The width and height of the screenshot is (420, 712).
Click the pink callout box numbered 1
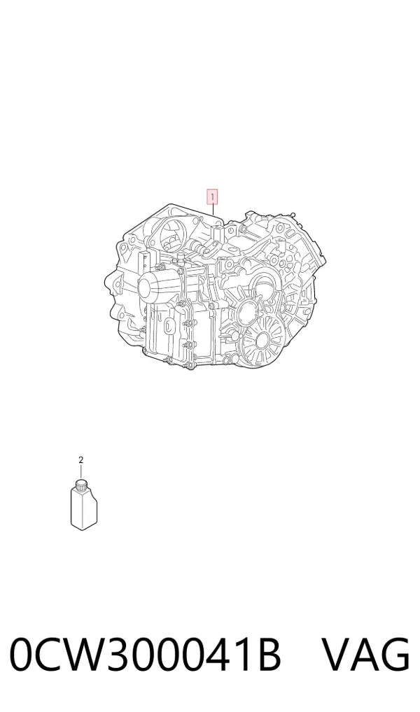[x=212, y=197]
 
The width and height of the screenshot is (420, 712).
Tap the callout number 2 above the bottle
[x=81, y=460]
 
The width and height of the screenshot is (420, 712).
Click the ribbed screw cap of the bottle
[x=82, y=485]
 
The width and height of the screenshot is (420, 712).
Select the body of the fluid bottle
[x=84, y=509]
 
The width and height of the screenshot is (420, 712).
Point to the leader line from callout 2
[x=81, y=471]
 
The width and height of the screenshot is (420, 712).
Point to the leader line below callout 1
[x=213, y=215]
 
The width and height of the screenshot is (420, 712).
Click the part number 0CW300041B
[x=146, y=655]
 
